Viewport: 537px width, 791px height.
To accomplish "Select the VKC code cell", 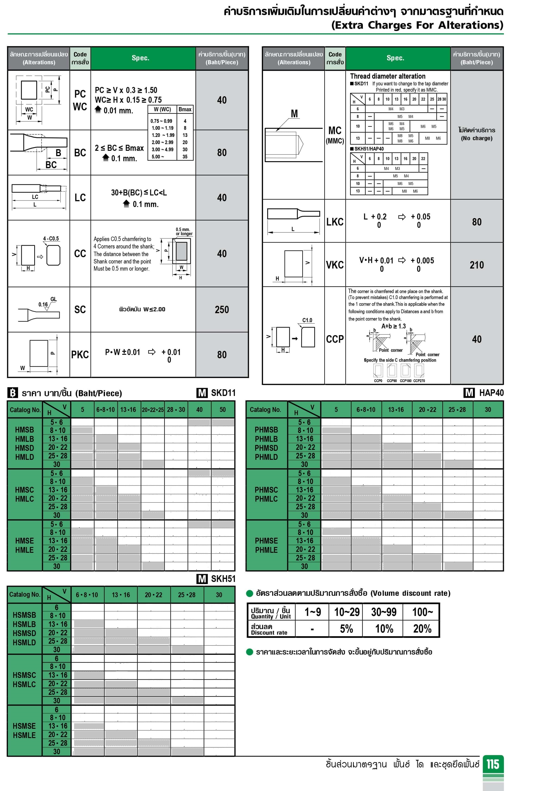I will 335,265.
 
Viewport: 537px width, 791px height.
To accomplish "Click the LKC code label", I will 335,222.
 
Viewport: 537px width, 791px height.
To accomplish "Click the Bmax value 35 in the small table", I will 185,157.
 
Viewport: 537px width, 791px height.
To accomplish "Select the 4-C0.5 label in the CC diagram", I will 51,239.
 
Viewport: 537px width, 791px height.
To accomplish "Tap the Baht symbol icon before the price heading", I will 13,393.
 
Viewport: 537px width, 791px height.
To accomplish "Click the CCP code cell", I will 335,339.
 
